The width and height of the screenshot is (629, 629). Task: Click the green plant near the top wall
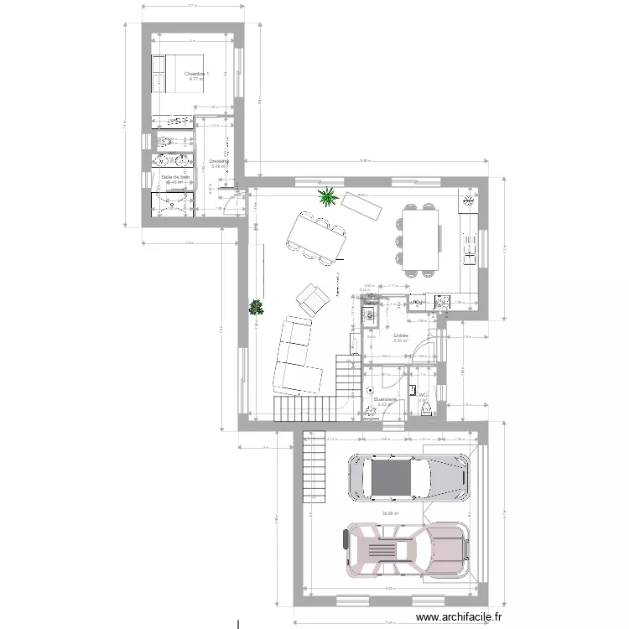point(326,198)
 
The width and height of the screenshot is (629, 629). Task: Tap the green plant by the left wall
point(255,307)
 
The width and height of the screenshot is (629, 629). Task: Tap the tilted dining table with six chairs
point(319,236)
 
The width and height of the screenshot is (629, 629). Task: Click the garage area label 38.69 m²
point(390,514)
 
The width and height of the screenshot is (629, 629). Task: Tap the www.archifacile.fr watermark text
point(454,616)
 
